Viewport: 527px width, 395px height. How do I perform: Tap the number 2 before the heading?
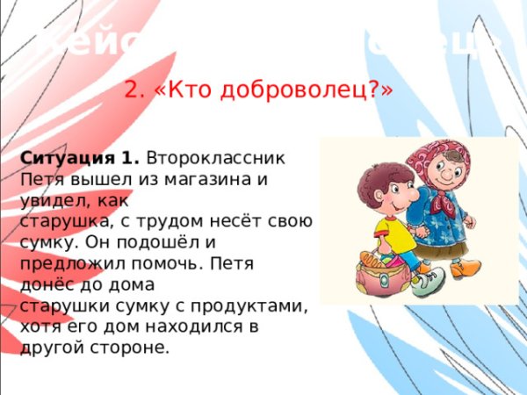point(134,90)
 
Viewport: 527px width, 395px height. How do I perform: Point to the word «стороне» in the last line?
point(126,346)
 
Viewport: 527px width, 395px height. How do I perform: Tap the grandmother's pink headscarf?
point(435,158)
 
